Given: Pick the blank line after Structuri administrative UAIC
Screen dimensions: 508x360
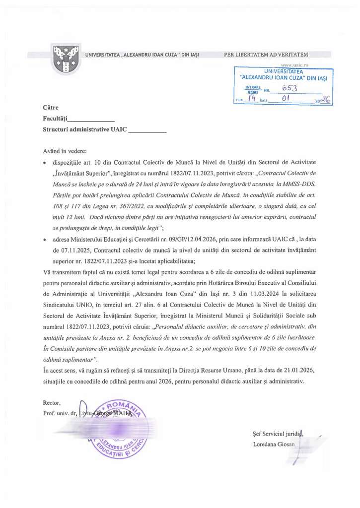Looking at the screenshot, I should [x=147, y=131].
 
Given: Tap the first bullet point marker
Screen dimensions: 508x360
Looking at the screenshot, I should [x=45, y=163].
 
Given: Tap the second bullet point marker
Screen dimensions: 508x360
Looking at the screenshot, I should [x=45, y=241].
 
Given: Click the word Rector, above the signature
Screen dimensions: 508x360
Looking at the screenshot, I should [x=52, y=402].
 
